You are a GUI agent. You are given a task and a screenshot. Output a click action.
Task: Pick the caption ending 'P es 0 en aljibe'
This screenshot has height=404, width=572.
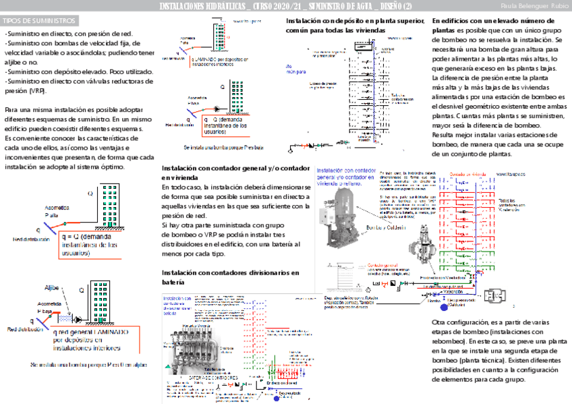click(88, 365)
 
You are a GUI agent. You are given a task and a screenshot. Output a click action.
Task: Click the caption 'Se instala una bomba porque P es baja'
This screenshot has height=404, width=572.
click(223, 146)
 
